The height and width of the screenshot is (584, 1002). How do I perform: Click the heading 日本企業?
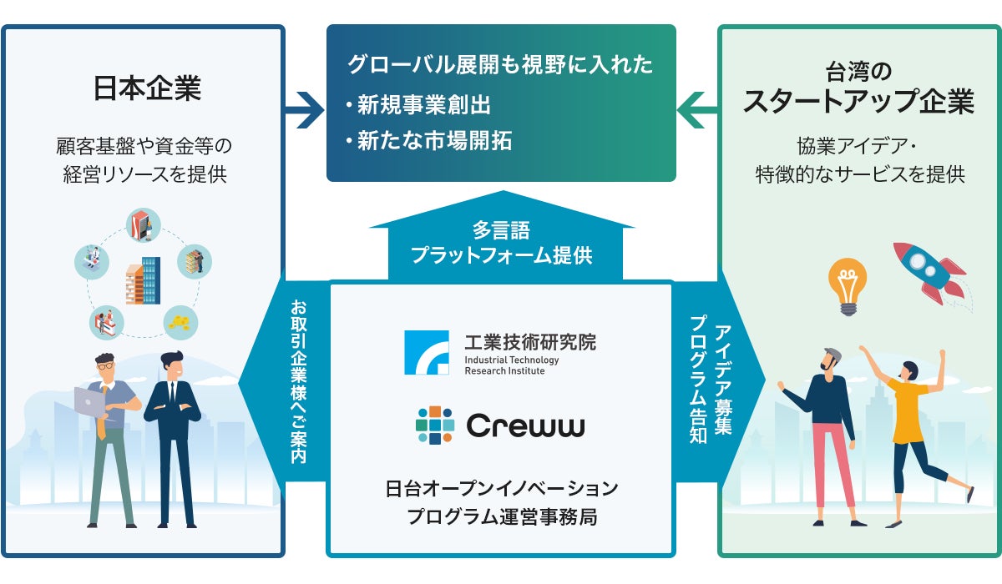[147, 88]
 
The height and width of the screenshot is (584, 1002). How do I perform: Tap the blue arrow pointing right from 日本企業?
[305, 110]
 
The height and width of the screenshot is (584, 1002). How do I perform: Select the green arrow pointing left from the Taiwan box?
[697, 110]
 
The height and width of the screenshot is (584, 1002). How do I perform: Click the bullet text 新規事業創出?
[423, 105]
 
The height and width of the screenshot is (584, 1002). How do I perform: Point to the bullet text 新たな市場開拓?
[434, 141]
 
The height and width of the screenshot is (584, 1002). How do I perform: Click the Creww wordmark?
[525, 425]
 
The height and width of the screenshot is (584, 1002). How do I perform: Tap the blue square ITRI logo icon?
[427, 353]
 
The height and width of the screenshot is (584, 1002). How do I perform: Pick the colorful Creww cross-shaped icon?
[435, 425]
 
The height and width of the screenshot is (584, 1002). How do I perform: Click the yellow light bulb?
[848, 287]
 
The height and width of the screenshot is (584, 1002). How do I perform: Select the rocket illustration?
[930, 274]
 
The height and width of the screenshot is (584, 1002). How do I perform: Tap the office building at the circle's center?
[143, 280]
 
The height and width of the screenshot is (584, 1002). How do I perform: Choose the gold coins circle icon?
[180, 323]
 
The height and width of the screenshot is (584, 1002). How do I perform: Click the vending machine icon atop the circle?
[143, 224]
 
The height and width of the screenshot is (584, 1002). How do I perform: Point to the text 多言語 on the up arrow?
[501, 230]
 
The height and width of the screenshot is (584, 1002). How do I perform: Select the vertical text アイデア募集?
[723, 380]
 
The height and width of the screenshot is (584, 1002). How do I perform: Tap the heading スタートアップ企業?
[858, 102]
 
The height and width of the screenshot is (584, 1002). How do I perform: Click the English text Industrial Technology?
[512, 360]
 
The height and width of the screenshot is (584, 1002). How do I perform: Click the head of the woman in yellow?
[909, 370]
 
